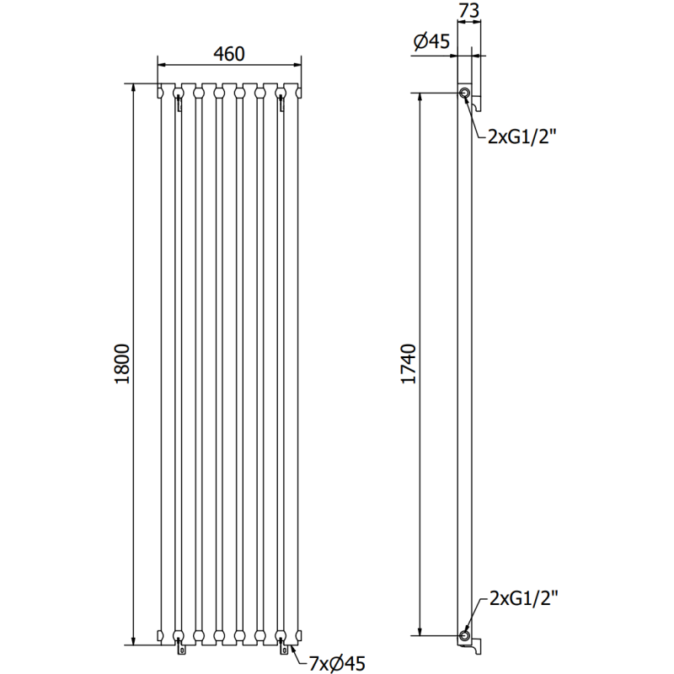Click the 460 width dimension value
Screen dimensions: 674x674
point(228,54)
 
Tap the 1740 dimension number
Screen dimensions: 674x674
point(409,364)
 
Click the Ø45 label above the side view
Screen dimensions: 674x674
point(431,42)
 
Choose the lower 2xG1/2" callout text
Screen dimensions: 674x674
point(523,600)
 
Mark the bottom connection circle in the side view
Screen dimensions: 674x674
point(464,635)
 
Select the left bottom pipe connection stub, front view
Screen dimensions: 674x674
point(179,649)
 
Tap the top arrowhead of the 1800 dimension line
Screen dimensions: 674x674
point(133,89)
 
